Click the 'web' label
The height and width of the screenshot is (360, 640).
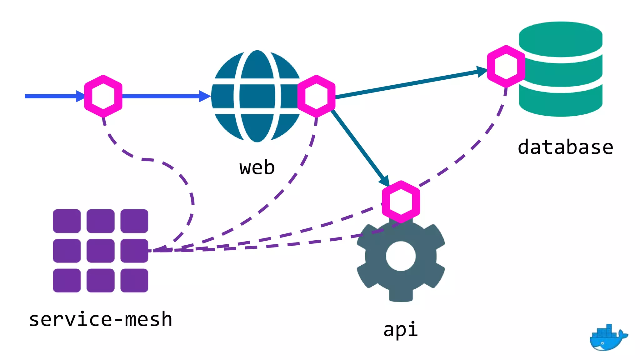pyautogui.click(x=257, y=167)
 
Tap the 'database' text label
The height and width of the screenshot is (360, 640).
pyautogui.click(x=565, y=147)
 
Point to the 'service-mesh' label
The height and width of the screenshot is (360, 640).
pyautogui.click(x=101, y=319)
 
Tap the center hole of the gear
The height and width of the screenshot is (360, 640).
pyautogui.click(x=401, y=256)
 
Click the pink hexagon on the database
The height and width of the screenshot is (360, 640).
pyautogui.click(x=506, y=66)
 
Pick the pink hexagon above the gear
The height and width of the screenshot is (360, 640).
pyautogui.click(x=401, y=202)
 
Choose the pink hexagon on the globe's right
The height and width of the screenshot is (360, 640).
pyautogui.click(x=316, y=96)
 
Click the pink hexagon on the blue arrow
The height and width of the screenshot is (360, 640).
pyautogui.click(x=103, y=96)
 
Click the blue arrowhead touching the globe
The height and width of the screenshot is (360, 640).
pyautogui.click(x=205, y=96)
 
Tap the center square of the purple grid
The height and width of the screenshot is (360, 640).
pyautogui.click(x=100, y=251)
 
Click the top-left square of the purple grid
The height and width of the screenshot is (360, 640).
pyautogui.click(x=67, y=221)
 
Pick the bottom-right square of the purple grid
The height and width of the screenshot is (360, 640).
pyautogui.click(x=134, y=280)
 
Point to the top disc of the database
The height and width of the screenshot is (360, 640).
pyautogui.click(x=561, y=37)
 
